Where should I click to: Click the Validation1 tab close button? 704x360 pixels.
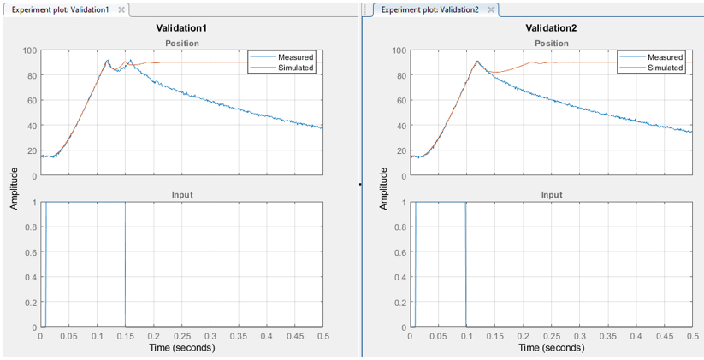[x=121, y=9]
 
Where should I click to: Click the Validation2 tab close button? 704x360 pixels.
[x=490, y=9]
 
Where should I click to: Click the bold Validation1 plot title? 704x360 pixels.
[x=181, y=28]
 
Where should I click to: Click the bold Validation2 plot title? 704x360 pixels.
[x=551, y=28]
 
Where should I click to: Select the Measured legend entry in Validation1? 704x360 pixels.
[x=295, y=57]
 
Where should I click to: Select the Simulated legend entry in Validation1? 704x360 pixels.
[x=296, y=68]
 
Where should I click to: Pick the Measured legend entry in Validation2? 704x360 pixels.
[x=665, y=57]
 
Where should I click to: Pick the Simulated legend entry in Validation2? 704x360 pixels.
[x=666, y=68]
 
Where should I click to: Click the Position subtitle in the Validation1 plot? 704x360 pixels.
[x=181, y=43]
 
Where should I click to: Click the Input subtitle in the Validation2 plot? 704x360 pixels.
[x=551, y=195]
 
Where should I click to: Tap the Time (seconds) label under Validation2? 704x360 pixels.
[x=552, y=348]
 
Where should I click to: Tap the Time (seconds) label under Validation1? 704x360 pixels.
[x=181, y=348]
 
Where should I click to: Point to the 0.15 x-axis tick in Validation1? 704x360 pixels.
[x=125, y=336]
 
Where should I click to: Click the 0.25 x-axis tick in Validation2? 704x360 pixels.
[x=551, y=336]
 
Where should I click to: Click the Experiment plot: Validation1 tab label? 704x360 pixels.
[x=60, y=9]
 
